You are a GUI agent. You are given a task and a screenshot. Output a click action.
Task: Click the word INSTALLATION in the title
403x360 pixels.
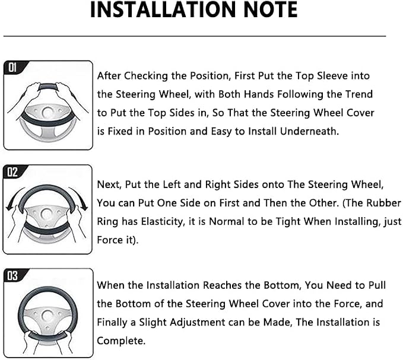coord(164,9)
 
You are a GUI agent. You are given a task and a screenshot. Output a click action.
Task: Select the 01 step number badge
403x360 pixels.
coord(12,68)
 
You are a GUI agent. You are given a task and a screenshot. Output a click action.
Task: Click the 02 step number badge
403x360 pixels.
coord(12,172)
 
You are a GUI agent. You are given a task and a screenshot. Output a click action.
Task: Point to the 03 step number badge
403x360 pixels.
coord(12,276)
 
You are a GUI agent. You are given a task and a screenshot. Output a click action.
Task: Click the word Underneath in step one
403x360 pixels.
coord(309,131)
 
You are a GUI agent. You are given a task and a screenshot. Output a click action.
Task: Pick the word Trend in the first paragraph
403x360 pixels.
coord(359,94)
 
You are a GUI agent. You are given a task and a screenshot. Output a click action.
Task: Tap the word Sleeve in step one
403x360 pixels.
coord(331,76)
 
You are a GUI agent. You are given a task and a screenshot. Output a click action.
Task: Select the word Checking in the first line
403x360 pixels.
coord(146,76)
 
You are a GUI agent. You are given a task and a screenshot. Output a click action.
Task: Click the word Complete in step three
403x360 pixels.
coord(121,341)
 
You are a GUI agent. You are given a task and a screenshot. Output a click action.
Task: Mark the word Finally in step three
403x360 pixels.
coord(112,323)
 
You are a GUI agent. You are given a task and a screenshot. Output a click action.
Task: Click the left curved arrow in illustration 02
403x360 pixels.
coord(14,197)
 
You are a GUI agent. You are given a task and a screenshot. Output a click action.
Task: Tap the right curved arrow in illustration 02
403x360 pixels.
coord(80,197)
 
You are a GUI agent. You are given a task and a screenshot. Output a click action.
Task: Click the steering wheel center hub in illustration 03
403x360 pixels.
coord(47,316)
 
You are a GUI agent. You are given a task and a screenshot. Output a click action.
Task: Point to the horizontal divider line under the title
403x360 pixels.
coord(195,36)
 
